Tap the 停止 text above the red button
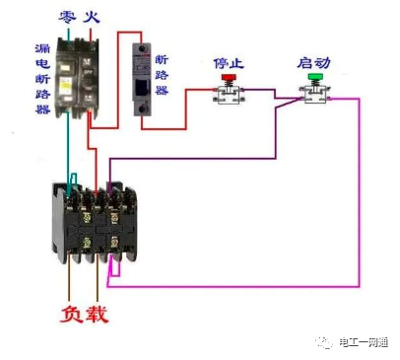[x=228, y=62]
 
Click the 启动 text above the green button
[x=313, y=62]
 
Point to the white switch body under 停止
[x=230, y=95]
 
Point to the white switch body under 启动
[x=316, y=95]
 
